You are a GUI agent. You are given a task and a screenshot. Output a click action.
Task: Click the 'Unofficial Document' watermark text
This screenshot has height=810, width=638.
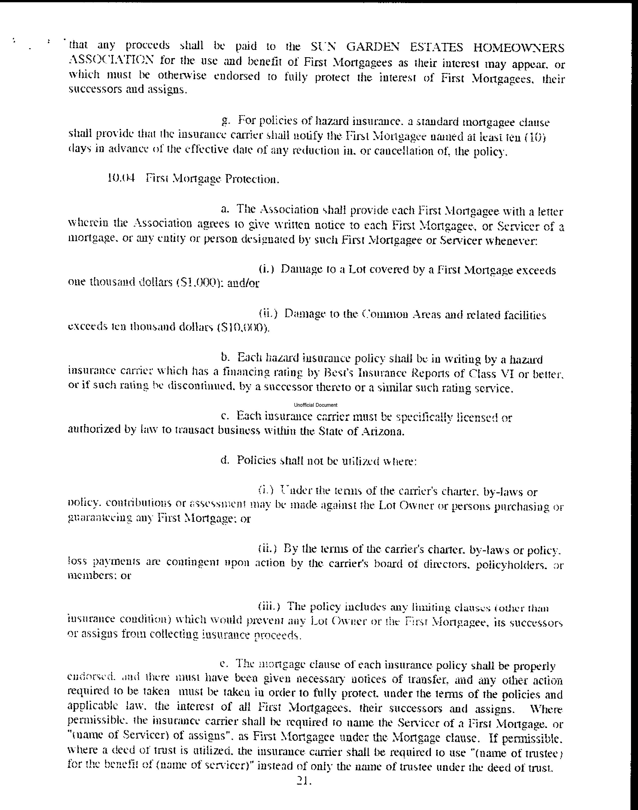pyautogui.click(x=316, y=405)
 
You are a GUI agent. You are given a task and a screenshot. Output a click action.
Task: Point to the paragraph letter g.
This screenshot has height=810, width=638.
pyautogui.click(x=225, y=121)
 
